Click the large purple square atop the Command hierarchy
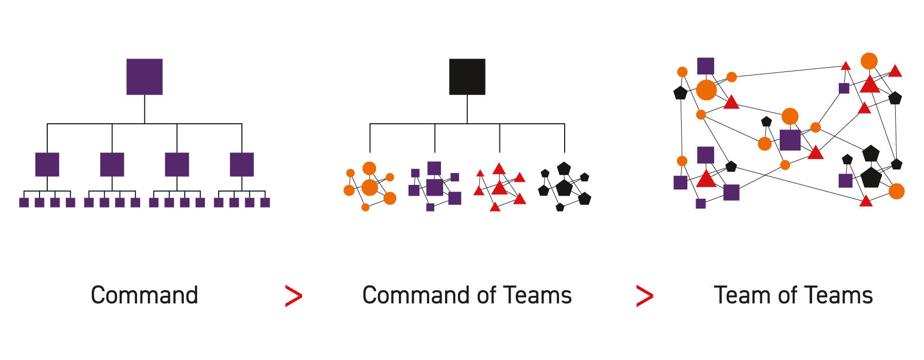pyautogui.click(x=144, y=77)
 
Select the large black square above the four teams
pyautogui.click(x=467, y=77)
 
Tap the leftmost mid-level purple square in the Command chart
pyautogui.click(x=47, y=164)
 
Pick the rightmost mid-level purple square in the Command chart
pyautogui.click(x=242, y=164)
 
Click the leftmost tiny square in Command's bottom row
pyautogui.click(x=24, y=202)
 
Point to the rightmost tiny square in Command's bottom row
pyautogui.click(x=265, y=202)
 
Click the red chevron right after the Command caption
pyautogui.click(x=294, y=296)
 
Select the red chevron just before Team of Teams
pyautogui.click(x=644, y=296)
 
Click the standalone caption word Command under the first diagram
pyautogui.click(x=144, y=295)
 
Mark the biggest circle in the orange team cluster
pyautogui.click(x=370, y=187)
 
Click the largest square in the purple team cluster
pyautogui.click(x=434, y=187)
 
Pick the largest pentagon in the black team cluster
pyautogui.click(x=564, y=187)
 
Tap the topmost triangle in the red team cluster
pyautogui.click(x=499, y=169)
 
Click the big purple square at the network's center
pyautogui.click(x=790, y=140)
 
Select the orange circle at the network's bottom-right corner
pyautogui.click(x=896, y=191)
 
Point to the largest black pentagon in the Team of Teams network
pyautogui.click(x=871, y=178)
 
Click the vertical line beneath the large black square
pyautogui.click(x=467, y=109)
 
